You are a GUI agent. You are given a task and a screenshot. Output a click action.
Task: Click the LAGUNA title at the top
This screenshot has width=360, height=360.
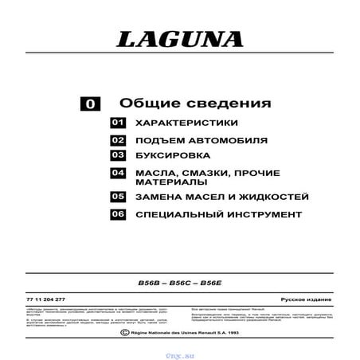(179, 39)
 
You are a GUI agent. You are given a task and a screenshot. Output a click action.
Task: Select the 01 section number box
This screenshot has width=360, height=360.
(119, 124)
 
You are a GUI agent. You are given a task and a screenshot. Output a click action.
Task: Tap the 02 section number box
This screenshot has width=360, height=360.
(119, 140)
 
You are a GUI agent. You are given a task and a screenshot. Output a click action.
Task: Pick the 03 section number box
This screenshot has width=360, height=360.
(119, 155)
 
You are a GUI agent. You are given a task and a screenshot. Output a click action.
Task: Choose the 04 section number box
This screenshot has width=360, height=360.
(119, 173)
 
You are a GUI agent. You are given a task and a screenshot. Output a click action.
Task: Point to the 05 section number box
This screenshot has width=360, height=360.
(119, 197)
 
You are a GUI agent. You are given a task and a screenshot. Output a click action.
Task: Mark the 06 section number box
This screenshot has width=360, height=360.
(119, 214)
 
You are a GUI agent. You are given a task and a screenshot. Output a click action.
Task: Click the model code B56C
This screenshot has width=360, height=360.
(180, 283)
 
